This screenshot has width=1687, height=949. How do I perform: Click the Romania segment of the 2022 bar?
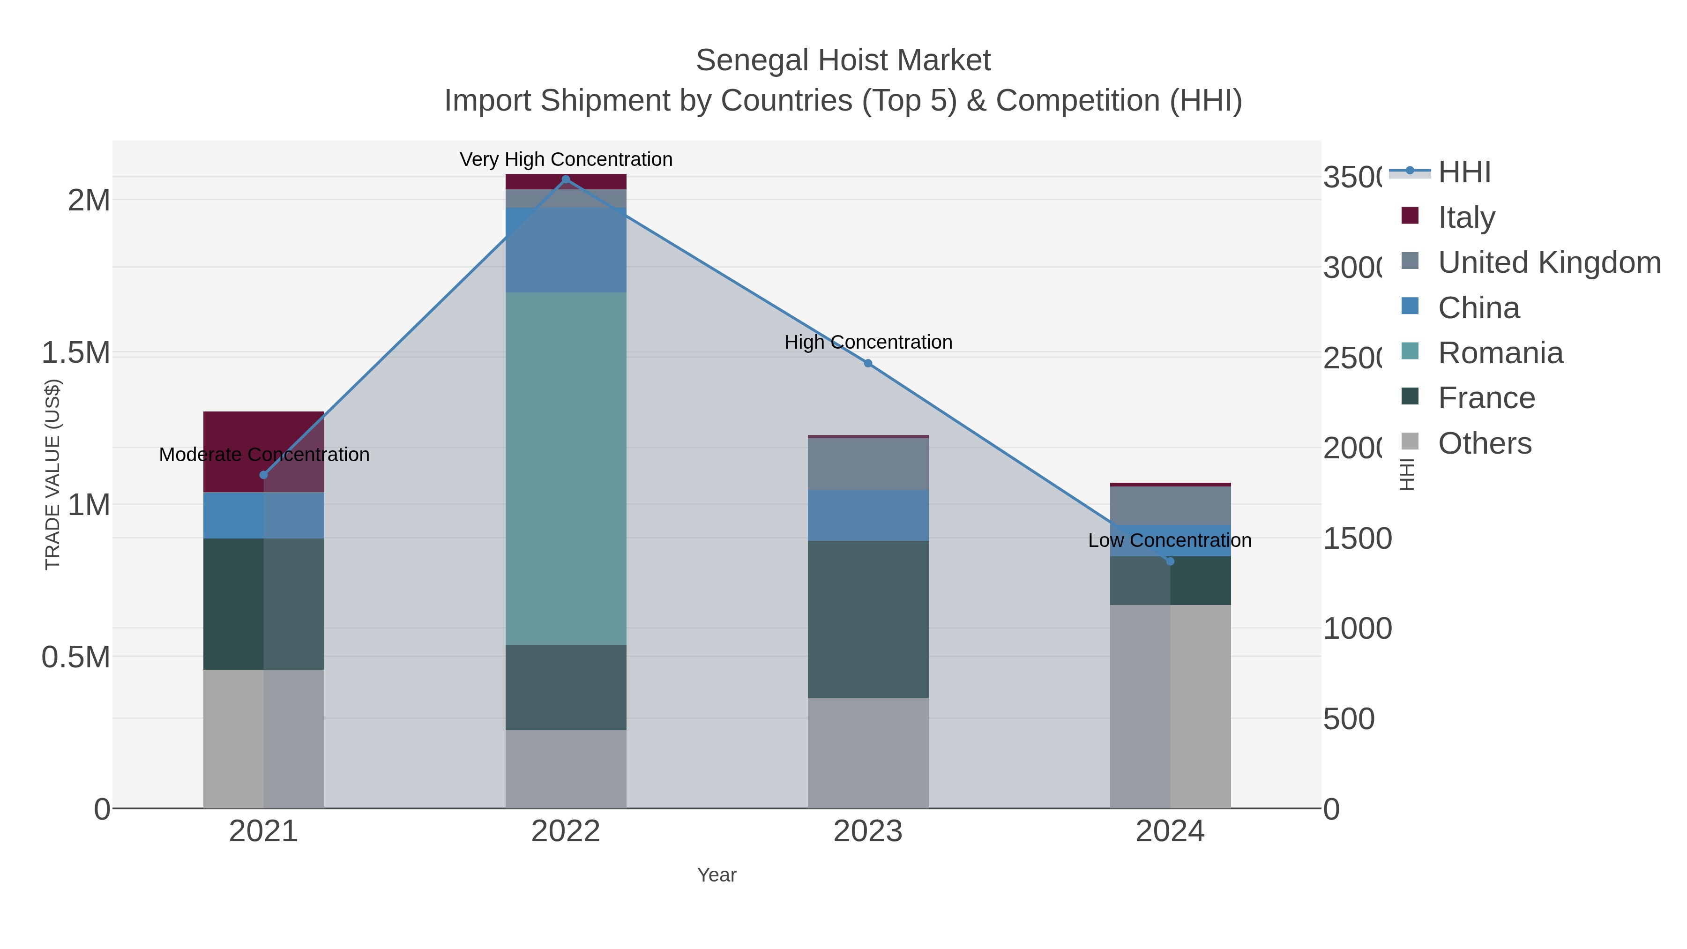566,468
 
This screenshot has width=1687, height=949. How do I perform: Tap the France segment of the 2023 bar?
868,619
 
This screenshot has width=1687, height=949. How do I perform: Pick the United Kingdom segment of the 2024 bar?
1170,506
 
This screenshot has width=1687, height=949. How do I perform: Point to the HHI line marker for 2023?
868,363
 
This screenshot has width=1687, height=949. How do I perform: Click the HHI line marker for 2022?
566,179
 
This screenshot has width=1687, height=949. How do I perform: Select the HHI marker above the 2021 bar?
263,475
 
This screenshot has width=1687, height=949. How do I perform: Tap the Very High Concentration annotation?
566,159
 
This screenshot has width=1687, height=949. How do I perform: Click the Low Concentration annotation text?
1170,540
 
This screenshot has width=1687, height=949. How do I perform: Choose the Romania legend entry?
1500,353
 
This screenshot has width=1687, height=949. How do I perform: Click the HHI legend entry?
1464,172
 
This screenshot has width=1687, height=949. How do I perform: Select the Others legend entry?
1484,443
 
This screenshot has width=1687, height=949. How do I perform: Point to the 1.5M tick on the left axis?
76,353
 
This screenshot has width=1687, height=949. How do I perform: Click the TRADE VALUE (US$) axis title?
52,474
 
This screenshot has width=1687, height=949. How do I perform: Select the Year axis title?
717,875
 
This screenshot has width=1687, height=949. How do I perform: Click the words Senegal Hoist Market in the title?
843,60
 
